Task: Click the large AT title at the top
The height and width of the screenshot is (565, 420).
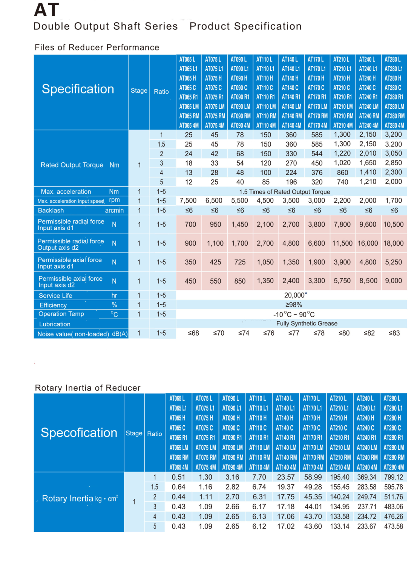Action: pyautogui.click(x=46, y=10)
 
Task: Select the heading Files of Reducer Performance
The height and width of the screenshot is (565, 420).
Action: pyautogui.click(x=97, y=47)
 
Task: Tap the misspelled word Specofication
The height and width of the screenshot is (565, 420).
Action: pyautogui.click(x=79, y=433)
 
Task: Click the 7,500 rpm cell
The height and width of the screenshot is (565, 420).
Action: pyautogui.click(x=188, y=201)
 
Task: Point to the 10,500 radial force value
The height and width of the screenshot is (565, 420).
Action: pyautogui.click(x=393, y=224)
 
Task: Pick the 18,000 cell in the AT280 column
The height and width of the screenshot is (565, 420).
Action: pyautogui.click(x=393, y=243)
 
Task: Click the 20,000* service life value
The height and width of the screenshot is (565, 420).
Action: pyautogui.click(x=296, y=295)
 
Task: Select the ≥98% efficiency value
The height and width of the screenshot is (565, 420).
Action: pyautogui.click(x=294, y=305)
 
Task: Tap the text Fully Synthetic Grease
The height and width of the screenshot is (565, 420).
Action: pyautogui.click(x=307, y=324)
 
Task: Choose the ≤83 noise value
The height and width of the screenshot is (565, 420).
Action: pyautogui.click(x=394, y=333)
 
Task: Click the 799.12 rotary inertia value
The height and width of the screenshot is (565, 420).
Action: pyautogui.click(x=394, y=477)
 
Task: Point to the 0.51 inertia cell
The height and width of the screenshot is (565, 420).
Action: pyautogui.click(x=178, y=477)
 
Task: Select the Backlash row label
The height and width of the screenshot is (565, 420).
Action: pyautogui.click(x=51, y=211)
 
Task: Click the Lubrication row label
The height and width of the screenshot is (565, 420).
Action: pyautogui.click(x=55, y=324)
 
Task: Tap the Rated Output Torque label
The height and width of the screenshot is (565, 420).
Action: pyautogui.click(x=72, y=165)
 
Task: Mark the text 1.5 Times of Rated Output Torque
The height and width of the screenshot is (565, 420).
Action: pyautogui.click(x=285, y=192)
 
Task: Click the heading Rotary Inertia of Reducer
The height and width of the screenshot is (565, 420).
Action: pyautogui.click(x=87, y=388)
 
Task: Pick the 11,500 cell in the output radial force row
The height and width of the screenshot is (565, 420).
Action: pyautogui.click(x=342, y=243)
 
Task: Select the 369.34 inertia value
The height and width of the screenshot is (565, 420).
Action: pyautogui.click(x=367, y=477)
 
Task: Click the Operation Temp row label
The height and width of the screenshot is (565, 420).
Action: pyautogui.click(x=61, y=314)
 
